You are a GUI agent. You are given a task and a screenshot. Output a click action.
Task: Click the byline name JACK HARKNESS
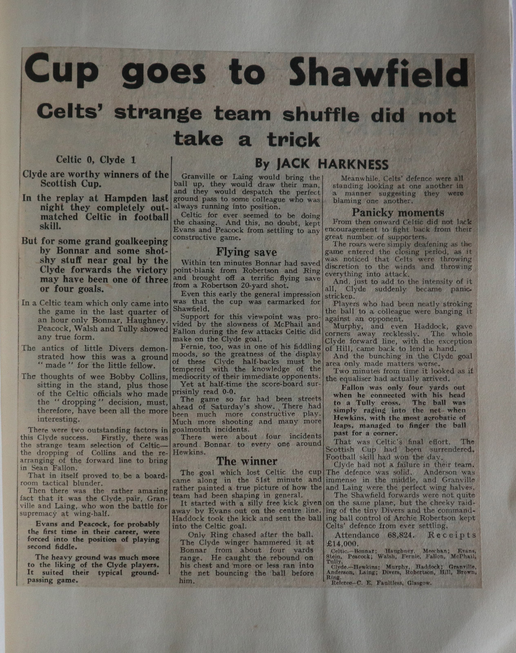[332, 164]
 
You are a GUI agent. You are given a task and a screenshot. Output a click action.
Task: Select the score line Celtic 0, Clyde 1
[96, 160]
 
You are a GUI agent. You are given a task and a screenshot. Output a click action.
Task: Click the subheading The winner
[247, 461]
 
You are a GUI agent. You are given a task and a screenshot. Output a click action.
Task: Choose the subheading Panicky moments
[398, 213]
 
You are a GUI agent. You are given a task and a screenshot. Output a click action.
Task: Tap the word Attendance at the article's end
[356, 535]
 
